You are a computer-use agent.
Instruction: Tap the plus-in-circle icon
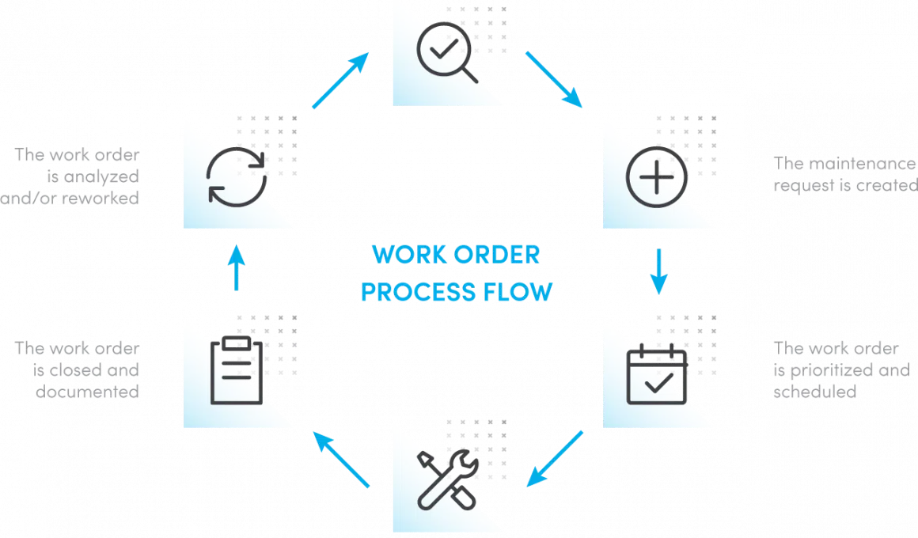click(657, 176)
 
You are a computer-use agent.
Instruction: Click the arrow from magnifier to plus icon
click(553, 79)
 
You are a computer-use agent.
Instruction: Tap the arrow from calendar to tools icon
click(555, 458)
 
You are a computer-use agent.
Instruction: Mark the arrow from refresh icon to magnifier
click(341, 80)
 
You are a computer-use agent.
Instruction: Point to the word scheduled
click(815, 392)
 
